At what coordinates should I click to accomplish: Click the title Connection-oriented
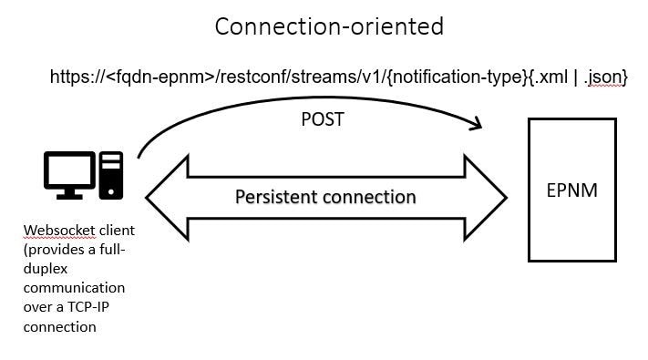(x=329, y=26)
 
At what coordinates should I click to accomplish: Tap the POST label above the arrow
(x=322, y=120)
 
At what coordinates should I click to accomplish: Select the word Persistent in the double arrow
(x=276, y=197)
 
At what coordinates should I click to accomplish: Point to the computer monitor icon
(x=69, y=174)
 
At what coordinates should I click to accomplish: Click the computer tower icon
(x=111, y=175)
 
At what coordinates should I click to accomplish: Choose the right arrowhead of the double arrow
(x=487, y=197)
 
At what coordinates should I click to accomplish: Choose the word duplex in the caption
(x=46, y=270)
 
